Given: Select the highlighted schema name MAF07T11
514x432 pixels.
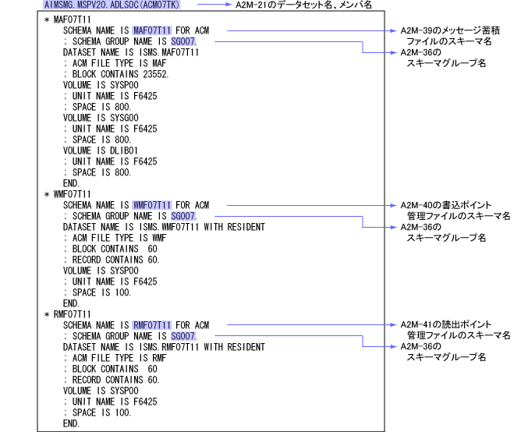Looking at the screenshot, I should point(152,30).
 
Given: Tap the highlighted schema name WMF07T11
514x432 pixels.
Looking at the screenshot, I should point(152,205).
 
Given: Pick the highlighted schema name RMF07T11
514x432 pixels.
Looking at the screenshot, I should point(152,324).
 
